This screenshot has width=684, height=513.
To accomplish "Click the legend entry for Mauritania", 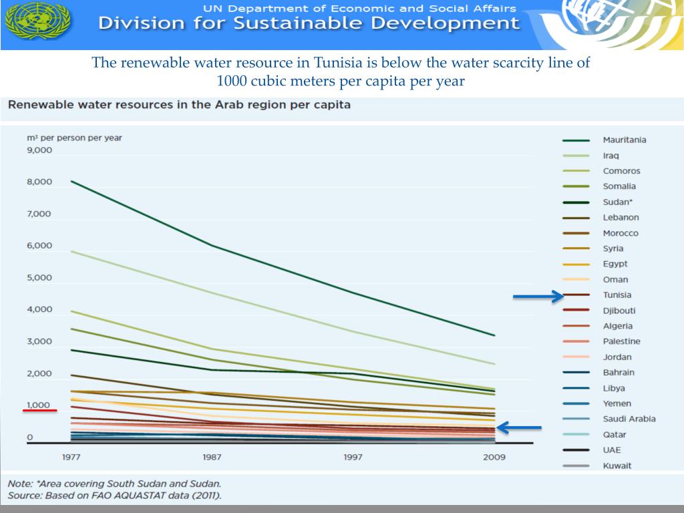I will coord(624,140).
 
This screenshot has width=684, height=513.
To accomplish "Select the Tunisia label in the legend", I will coord(617,295).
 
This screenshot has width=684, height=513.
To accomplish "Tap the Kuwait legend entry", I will coord(617,466).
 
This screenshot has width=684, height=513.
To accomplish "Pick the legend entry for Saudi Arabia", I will coord(629,419).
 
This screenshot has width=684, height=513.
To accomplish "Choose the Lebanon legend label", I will coord(621,218).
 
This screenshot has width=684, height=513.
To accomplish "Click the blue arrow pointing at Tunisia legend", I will coord(538,297).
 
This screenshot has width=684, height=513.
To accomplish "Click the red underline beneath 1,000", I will coord(40,411).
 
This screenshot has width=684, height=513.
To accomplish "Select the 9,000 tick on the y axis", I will coord(39,150).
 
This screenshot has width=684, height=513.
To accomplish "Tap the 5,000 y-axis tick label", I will coord(39,278).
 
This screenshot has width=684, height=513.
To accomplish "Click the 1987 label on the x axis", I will coord(212,457).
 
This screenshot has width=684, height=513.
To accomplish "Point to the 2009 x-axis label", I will coord(494,457).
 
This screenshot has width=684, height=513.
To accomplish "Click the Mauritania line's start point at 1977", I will coord(71,181).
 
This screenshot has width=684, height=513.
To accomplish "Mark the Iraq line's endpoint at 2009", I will coord(494,364).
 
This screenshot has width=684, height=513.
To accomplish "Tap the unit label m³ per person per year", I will coord(74,138).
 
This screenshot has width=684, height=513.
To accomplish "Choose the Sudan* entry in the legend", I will coord(617,202).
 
